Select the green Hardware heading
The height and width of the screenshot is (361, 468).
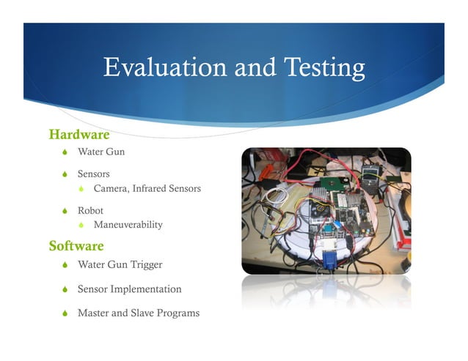pos(78,135)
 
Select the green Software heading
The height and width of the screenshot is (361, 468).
pos(76,245)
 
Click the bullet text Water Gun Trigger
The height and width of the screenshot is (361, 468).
pos(120,264)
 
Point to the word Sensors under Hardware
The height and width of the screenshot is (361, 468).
pos(94,174)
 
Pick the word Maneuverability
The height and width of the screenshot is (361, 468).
pos(128,225)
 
